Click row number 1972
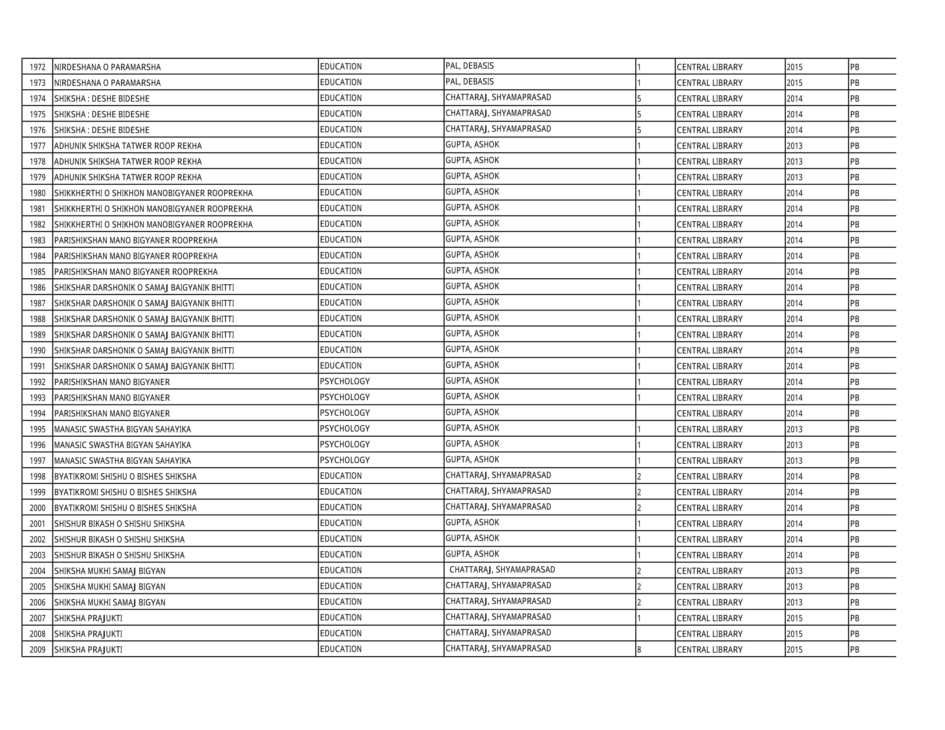[38, 67]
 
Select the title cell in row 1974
[102, 99]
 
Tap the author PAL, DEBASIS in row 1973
[469, 82]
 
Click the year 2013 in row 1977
[794, 146]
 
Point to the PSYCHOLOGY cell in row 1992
[345, 381]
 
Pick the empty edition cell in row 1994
[655, 413]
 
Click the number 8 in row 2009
[639, 650]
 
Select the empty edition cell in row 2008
[655, 633]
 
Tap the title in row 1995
[122, 429]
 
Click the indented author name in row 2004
[502, 570]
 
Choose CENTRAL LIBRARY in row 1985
[710, 271]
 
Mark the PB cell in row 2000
[854, 508]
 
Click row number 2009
[38, 650]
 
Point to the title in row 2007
[88, 618]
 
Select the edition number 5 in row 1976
[639, 130]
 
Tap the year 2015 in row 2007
[794, 618]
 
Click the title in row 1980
[153, 193]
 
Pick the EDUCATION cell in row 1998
[341, 476]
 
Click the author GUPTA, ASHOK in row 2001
[472, 523]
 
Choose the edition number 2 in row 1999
[639, 492]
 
